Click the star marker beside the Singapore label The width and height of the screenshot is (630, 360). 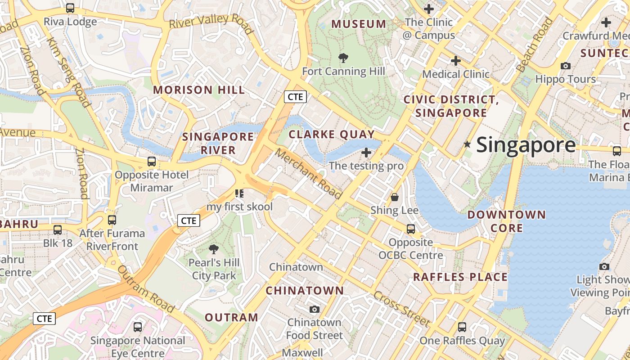click(468, 144)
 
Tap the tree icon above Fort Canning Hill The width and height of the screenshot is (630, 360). click(343, 58)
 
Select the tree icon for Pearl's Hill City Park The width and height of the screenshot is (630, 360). click(214, 249)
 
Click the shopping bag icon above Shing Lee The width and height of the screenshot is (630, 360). click(395, 197)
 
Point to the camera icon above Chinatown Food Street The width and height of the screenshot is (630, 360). click(315, 309)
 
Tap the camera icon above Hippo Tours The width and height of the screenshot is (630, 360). click(566, 66)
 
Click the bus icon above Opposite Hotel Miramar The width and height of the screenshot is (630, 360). click(152, 161)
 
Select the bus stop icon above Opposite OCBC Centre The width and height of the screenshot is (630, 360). click(411, 229)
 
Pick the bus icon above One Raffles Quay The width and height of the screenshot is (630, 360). click(462, 327)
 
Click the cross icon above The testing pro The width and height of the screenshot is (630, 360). click(366, 152)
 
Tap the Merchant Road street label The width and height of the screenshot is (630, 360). click(309, 174)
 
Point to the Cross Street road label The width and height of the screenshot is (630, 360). click(401, 309)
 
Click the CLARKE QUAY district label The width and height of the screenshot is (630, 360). click(332, 134)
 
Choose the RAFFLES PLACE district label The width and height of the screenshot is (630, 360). click(460, 277)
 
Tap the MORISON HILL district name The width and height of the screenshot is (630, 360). click(199, 90)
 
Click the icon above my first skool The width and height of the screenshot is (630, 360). click(239, 193)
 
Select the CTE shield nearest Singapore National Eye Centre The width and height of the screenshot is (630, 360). click(45, 319)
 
